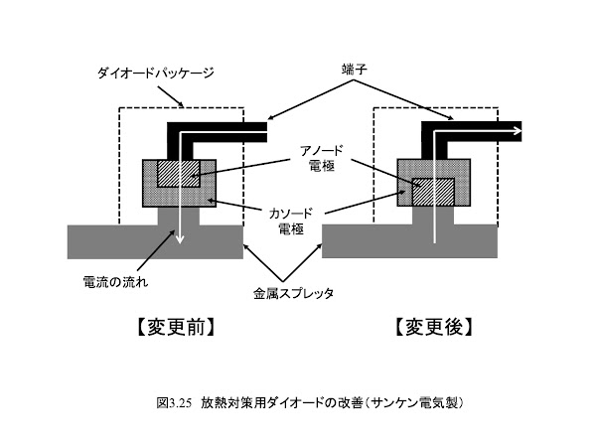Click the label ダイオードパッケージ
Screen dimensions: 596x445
coord(156,73)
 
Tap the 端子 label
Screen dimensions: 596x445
coord(354,70)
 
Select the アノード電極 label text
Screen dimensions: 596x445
coord(322,158)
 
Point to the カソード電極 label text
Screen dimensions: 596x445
coord(291,221)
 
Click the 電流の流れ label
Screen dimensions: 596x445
coord(115,282)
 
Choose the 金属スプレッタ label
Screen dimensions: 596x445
coord(293,293)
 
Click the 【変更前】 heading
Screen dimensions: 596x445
coord(176,327)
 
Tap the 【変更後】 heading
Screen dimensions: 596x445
coord(434,327)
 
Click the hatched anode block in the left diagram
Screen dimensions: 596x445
coord(179,173)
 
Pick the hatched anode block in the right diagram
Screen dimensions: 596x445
coord(434,192)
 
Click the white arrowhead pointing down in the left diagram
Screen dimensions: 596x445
coord(180,238)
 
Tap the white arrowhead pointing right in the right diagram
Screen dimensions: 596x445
coord(518,131)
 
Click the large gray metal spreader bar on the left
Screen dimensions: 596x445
coord(155,242)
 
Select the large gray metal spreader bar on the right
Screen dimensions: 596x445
coord(409,241)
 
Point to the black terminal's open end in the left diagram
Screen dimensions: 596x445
coord(267,132)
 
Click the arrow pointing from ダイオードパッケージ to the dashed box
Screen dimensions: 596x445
coord(171,96)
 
